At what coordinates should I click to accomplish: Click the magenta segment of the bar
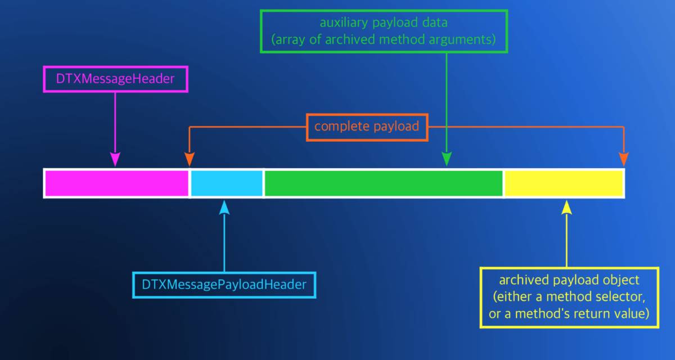(x=116, y=183)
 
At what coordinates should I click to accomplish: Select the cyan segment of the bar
(x=227, y=183)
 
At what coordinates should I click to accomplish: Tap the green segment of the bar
(x=383, y=183)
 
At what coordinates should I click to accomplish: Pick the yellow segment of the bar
(x=564, y=183)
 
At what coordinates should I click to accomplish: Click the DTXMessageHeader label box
(x=115, y=79)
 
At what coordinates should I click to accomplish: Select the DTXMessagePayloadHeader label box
(x=224, y=285)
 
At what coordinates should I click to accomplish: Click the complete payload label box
(x=367, y=127)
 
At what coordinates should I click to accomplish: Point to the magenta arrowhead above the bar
(x=115, y=160)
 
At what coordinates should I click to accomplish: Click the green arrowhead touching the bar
(x=447, y=160)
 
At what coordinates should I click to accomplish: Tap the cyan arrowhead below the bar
(x=224, y=206)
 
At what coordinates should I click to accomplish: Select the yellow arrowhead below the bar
(x=566, y=206)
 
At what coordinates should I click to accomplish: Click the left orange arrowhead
(x=190, y=160)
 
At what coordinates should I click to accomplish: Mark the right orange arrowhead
(x=623, y=160)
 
